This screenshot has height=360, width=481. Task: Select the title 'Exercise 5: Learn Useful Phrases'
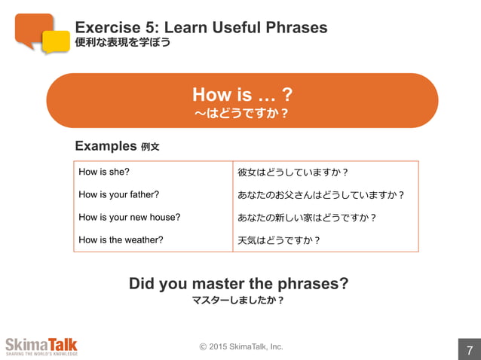[x=201, y=28]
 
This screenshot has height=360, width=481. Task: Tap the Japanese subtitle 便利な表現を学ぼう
[x=122, y=43]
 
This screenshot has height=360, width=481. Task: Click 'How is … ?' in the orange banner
[x=242, y=94]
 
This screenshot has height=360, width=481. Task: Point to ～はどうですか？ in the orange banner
[x=242, y=113]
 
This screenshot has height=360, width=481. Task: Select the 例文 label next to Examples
[x=150, y=147]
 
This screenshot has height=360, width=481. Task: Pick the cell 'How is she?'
[x=104, y=172]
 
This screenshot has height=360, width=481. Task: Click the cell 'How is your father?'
[x=119, y=194]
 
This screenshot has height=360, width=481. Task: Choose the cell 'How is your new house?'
[x=130, y=217]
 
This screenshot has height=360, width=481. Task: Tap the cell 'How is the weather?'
[x=121, y=239]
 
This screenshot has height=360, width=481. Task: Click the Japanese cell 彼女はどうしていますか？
[x=293, y=172]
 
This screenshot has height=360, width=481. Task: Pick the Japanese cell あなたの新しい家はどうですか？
[x=307, y=217]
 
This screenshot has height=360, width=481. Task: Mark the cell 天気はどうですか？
[x=280, y=239]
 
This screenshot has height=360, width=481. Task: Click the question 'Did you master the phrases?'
[x=238, y=283]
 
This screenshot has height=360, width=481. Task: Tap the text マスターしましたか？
[x=238, y=300]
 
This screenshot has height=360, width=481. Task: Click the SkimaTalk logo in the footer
[x=41, y=346]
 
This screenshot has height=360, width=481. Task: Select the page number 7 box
[x=469, y=349]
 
